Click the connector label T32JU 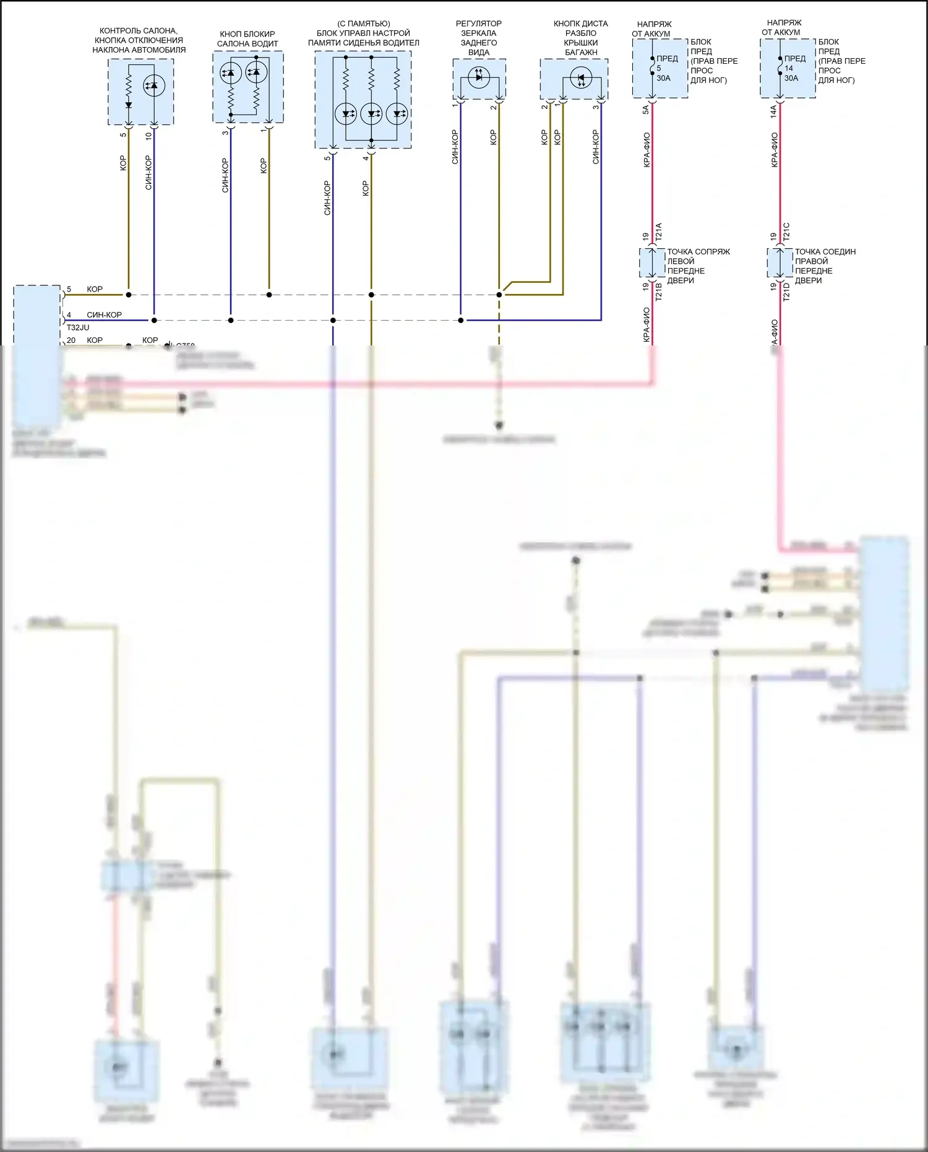pos(77,327)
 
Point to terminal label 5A pos(645,110)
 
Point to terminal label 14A pos(773,111)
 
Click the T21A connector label pos(659,232)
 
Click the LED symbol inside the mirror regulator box pos(478,77)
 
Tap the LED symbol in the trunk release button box pos(581,79)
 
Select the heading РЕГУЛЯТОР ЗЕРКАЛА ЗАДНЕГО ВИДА pos(479,38)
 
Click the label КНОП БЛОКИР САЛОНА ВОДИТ pos(247,39)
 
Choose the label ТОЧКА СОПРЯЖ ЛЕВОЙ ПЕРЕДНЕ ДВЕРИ pos(698,266)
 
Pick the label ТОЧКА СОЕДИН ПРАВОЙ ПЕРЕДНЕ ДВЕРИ pos(825,266)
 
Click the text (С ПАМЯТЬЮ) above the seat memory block pos(364,24)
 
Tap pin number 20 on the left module pos(71,340)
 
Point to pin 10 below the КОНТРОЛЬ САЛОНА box pos(148,135)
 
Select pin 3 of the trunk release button pos(596,107)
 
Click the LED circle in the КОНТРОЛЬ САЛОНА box pos(154,85)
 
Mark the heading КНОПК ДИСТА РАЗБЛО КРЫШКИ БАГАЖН pos(581,38)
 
